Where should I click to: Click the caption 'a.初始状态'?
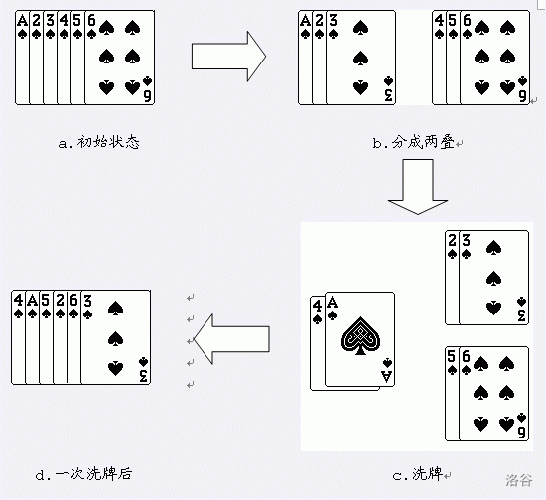[99, 142]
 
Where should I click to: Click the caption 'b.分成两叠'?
[414, 142]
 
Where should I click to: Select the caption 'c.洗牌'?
[418, 474]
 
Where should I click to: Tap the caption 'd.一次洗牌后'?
[83, 474]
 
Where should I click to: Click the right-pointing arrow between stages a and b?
[228, 56]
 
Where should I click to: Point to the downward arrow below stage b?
[418, 187]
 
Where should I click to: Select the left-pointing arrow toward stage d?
[231, 339]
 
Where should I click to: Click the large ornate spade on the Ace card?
[360, 335]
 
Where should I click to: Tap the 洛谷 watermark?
[519, 480]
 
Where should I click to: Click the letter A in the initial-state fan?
[22, 21]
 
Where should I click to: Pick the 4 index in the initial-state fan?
[64, 21]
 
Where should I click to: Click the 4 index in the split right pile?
[439, 21]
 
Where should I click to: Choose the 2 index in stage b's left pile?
[319, 21]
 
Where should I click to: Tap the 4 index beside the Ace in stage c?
[317, 307]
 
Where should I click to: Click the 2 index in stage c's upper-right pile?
[452, 240]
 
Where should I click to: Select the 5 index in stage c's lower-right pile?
[452, 356]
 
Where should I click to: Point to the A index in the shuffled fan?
[32, 300]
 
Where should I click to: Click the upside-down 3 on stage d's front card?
[144, 375]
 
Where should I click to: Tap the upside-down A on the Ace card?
[387, 377]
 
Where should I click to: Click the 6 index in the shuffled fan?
[73, 300]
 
